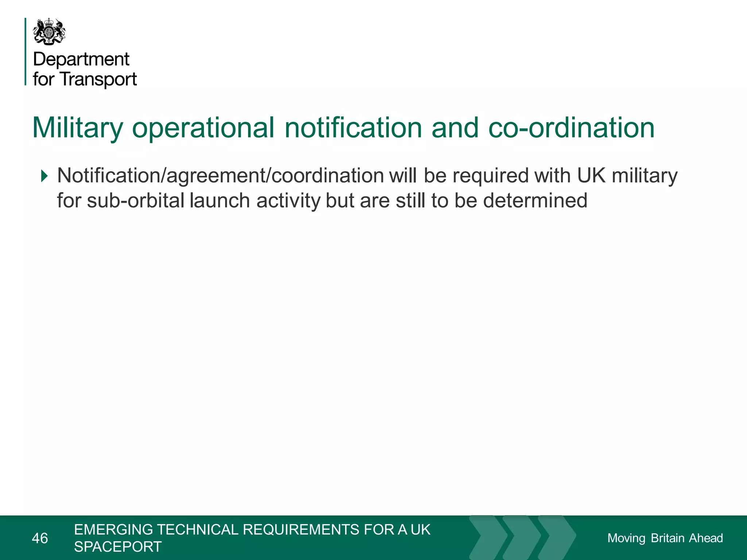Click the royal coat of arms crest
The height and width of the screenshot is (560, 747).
point(50,32)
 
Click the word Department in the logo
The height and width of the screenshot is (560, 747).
point(81,59)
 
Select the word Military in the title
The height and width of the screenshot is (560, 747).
point(78,128)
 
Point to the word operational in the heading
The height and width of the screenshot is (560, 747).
point(203,128)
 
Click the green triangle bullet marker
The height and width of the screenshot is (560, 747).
point(44,176)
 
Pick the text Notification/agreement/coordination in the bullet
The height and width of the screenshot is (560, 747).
point(220,176)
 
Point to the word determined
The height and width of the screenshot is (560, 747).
point(535,201)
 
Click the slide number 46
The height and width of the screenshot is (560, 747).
point(40,538)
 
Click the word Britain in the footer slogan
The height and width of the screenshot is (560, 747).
point(667,538)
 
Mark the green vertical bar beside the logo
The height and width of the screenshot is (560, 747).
point(26,51)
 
